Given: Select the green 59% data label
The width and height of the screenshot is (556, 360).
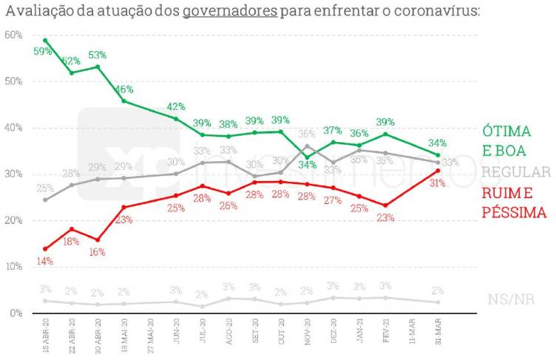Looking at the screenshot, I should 43,52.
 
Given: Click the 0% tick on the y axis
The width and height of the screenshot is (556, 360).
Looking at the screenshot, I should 15,313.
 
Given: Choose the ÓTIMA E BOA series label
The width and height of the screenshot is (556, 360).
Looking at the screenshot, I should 507,140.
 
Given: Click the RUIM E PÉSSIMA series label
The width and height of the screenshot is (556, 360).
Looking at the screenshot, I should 514,203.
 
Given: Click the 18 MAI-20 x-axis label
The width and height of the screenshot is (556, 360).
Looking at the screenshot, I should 123,337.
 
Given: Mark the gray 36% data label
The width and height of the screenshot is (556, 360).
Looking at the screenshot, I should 306,135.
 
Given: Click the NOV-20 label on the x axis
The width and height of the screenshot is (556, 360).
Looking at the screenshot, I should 306,337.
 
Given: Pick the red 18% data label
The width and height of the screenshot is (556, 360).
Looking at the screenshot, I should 72,241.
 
